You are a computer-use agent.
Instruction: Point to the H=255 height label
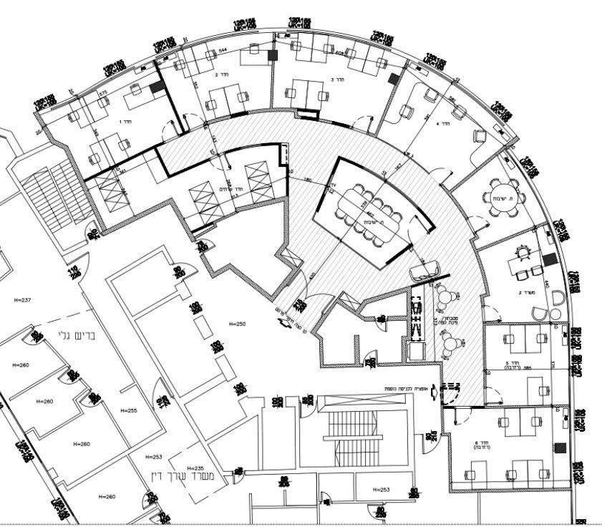[x=129, y=411]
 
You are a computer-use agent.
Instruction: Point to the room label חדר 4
[x=443, y=123]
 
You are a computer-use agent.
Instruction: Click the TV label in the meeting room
[x=333, y=186]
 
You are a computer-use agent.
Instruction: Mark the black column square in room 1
[x=157, y=87]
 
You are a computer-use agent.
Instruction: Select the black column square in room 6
[x=560, y=448]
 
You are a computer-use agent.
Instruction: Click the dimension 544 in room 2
[x=223, y=50]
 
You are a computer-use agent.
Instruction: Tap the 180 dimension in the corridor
[x=307, y=180]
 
